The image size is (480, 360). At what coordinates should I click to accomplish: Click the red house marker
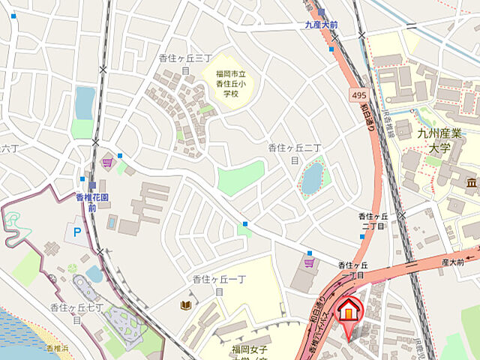click(348, 310)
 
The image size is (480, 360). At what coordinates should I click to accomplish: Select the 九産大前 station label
click(321, 25)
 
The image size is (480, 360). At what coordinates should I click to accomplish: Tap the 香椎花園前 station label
click(92, 202)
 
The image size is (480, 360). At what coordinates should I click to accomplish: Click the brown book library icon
click(184, 304)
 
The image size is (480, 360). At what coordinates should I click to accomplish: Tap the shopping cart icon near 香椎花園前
click(107, 161)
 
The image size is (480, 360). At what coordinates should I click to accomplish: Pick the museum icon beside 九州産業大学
click(472, 183)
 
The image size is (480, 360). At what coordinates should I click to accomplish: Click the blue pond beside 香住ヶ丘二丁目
click(312, 178)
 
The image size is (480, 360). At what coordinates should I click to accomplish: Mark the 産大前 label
click(452, 262)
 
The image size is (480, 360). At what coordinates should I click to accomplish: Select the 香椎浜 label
click(57, 349)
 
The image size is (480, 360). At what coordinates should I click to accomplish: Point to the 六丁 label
click(9, 147)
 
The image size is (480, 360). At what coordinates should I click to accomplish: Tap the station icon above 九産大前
click(321, 12)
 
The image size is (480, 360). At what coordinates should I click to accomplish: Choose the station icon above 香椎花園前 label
click(92, 185)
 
